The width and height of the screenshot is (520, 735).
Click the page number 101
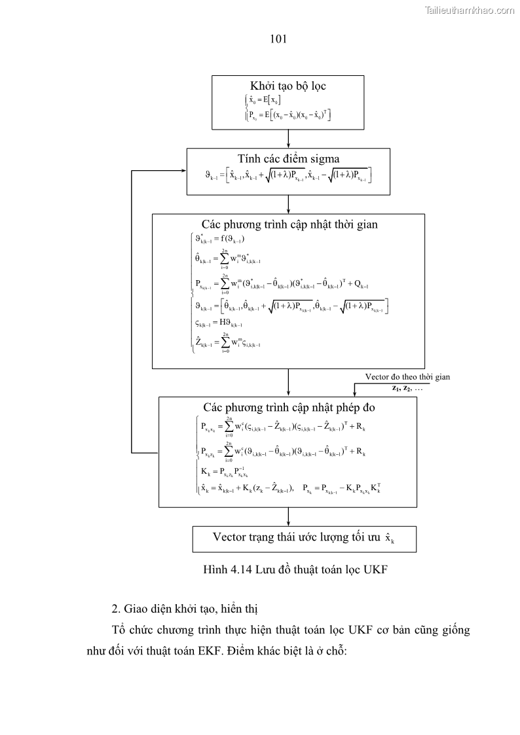tap(279, 39)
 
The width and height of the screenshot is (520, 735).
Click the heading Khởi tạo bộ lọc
tap(288, 86)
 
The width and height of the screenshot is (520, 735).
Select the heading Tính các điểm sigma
tap(288, 158)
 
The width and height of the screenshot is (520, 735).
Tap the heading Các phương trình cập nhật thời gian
tap(289, 224)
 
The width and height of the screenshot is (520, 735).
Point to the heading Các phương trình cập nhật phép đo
tap(289, 407)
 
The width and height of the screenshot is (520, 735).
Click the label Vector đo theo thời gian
tap(407, 377)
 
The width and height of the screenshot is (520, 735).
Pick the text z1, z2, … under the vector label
tap(407, 387)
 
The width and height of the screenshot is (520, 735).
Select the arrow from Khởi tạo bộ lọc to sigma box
tap(288, 137)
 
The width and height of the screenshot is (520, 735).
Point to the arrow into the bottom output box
tap(288, 516)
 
